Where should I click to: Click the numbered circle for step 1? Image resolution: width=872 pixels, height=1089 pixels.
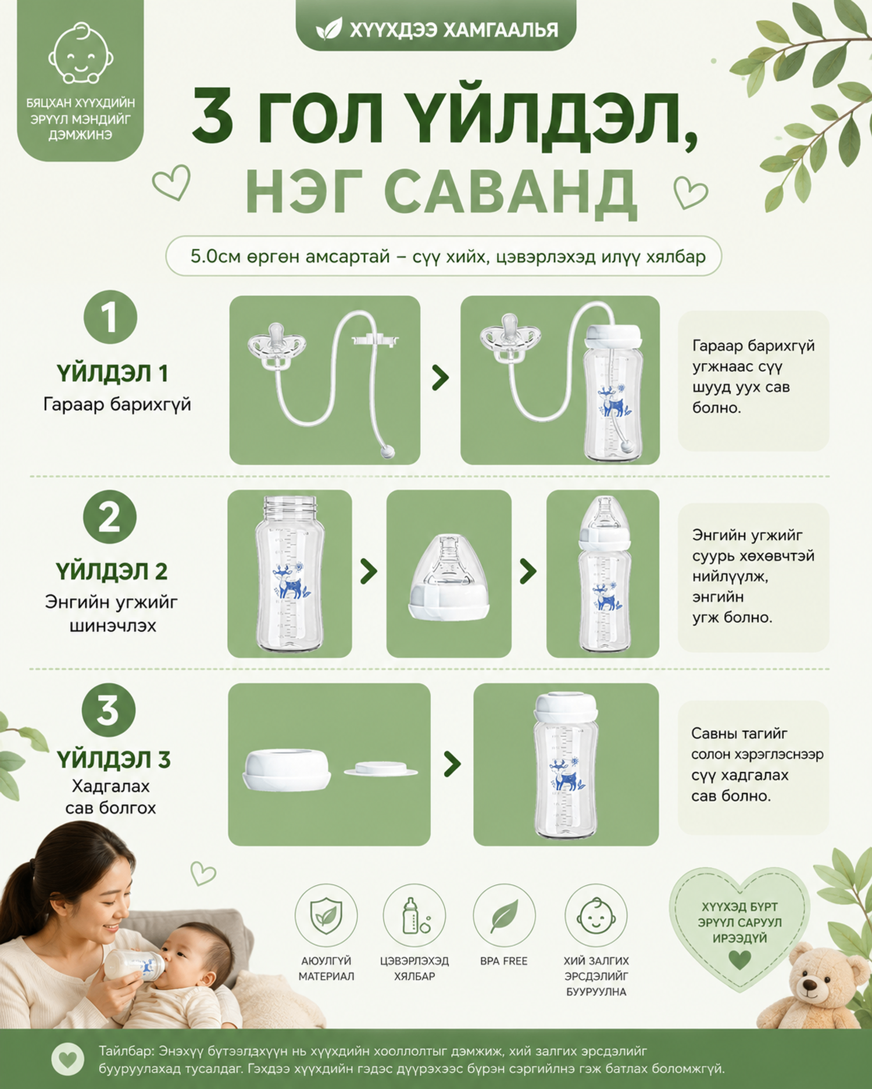tap(110, 317)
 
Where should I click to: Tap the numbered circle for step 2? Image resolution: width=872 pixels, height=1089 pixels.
tap(110, 517)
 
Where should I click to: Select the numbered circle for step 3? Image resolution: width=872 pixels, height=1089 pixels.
tap(108, 710)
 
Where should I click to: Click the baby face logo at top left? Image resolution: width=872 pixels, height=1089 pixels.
tap(80, 53)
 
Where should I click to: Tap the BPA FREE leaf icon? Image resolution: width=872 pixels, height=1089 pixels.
tap(504, 916)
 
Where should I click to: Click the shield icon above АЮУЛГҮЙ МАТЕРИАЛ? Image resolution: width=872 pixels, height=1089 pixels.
tap(326, 916)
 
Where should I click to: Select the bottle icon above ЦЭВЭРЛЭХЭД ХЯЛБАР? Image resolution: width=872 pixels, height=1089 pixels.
tap(414, 916)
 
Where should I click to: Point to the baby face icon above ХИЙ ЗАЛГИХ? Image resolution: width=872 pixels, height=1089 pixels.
tap(596, 916)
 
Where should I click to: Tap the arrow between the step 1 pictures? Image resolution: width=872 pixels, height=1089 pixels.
tap(441, 378)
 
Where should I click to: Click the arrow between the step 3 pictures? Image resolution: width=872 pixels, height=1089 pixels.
tap(452, 764)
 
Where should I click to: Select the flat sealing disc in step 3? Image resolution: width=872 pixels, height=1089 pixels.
tap(381, 769)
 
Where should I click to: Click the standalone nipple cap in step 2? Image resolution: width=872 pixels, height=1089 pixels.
tap(449, 578)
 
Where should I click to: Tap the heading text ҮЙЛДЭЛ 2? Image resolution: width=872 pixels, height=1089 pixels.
tap(112, 572)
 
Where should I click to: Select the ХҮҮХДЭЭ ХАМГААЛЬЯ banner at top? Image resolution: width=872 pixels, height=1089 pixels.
tap(436, 26)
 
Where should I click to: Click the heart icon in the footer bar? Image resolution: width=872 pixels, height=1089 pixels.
tap(68, 1059)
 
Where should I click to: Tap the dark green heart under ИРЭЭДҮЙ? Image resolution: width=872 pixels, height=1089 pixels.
tap(739, 959)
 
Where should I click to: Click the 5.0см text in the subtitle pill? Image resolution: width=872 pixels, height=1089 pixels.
tap(215, 256)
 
